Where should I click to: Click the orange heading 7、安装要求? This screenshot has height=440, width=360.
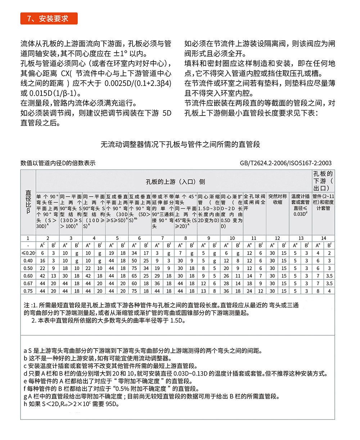coord(49,18)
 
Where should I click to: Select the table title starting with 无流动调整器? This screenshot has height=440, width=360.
coord(180,145)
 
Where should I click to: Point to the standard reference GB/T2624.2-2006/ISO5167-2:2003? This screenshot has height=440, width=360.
coord(286,163)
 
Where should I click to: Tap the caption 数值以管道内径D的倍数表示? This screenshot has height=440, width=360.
coord(58,163)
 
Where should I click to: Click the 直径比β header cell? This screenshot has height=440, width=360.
coord(28,203)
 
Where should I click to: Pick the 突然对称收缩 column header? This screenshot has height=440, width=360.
coord(278,199)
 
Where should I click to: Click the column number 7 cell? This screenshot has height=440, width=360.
coord(163,238)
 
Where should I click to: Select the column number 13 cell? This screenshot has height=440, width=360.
coord(301,238)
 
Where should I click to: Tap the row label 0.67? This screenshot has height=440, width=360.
coord(28,284)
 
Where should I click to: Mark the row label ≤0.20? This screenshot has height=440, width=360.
coord(28,253)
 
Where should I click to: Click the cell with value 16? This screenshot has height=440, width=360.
coord(42,260)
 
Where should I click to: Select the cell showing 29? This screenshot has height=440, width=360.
coord(157,276)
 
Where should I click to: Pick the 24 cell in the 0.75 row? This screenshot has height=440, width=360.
coord(249,291)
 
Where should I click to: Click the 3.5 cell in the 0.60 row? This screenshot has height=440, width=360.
coord(329,276)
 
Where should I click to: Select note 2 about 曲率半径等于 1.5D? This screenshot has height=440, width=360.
coord(108,320)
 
